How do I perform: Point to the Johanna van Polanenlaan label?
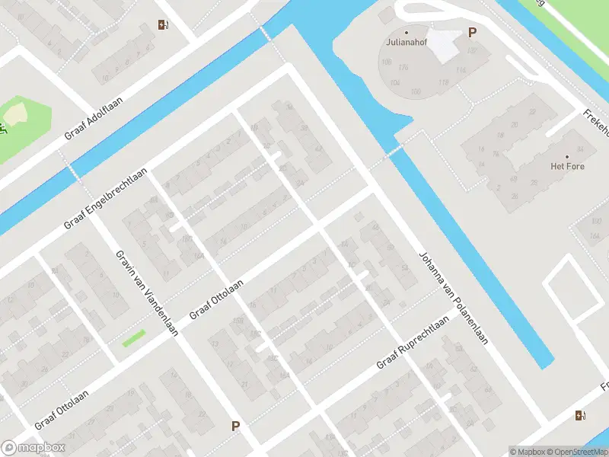click(452, 298)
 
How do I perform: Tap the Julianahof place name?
click(406, 43)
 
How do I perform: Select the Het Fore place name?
click(567, 165)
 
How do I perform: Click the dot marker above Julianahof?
click(406, 32)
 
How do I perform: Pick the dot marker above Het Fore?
click(567, 155)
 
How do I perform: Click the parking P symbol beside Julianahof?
click(472, 33)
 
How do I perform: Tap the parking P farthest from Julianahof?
click(235, 427)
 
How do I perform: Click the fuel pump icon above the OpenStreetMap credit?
click(581, 415)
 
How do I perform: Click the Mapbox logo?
click(33, 448)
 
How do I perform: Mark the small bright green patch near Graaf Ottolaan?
click(133, 337)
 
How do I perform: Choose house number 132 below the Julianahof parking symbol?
click(471, 51)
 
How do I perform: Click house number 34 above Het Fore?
click(580, 149)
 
